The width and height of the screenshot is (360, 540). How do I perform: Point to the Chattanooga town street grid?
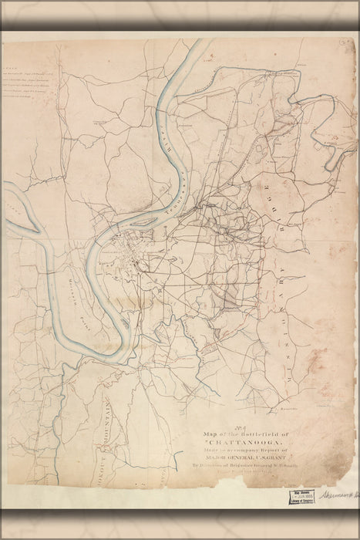pyautogui.click(x=123, y=255)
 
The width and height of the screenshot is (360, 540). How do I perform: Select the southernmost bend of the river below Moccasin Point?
pyautogui.click(x=116, y=355)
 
